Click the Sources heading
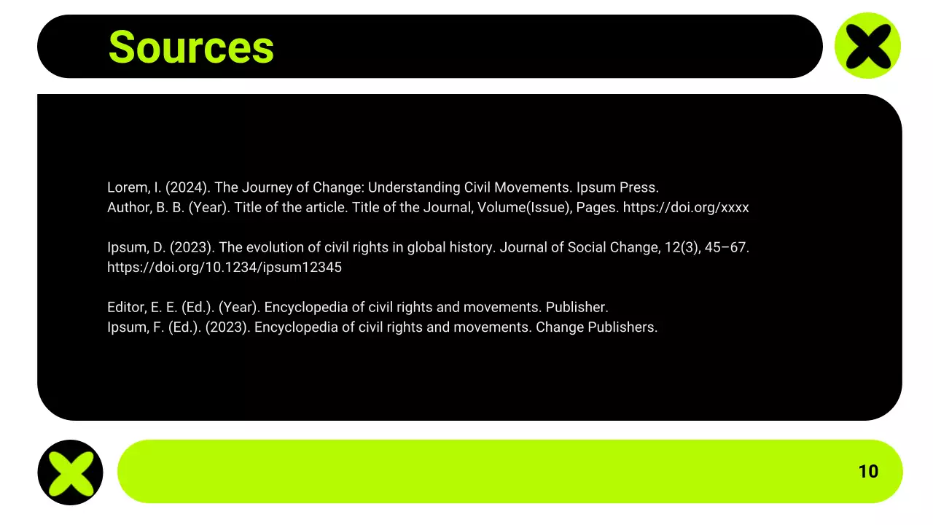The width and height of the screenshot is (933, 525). tap(191, 47)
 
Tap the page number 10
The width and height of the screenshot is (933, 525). tap(868, 471)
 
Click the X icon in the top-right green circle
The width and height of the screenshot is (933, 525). tap(867, 45)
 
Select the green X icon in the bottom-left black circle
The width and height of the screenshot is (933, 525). tap(70, 472)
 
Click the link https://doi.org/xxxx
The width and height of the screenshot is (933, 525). tap(686, 207)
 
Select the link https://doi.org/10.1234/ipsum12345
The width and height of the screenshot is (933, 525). tap(225, 267)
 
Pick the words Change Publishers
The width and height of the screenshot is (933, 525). tap(596, 327)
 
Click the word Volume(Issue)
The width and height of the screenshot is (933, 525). tap(523, 207)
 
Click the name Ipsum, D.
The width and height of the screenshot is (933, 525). tap(136, 247)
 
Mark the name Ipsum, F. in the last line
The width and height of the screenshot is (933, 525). tap(136, 327)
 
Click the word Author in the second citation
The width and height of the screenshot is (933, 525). tap(128, 207)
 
